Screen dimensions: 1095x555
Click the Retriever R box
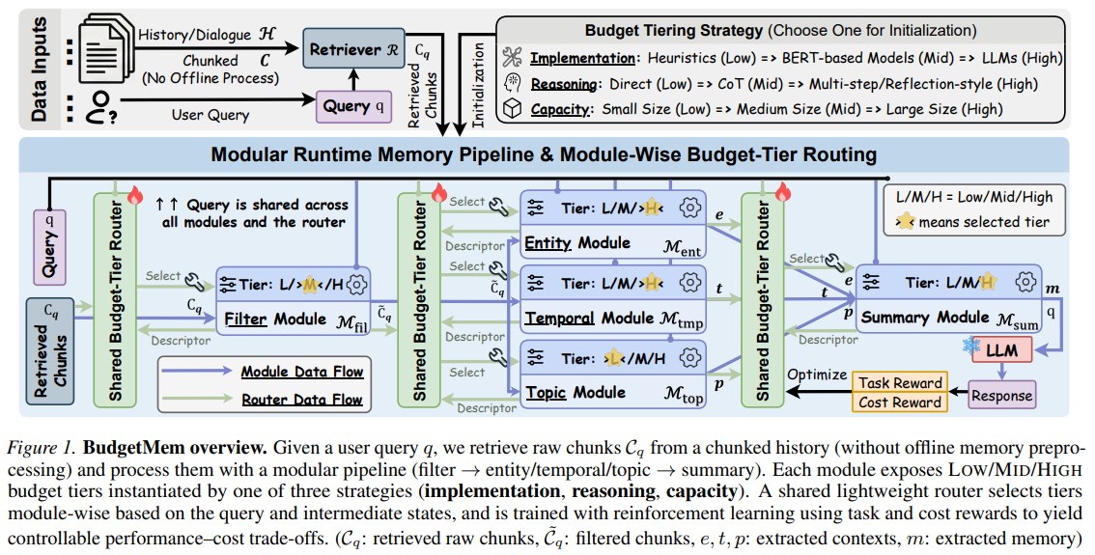pos(354,49)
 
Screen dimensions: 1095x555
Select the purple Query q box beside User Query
pos(353,107)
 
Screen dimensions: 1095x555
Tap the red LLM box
pos(1001,350)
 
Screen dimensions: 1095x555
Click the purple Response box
pos(1001,395)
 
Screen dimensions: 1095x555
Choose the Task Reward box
pos(900,382)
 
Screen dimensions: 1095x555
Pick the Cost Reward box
pos(900,402)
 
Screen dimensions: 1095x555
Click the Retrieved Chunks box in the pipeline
pos(50,351)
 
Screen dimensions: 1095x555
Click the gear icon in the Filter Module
pos(357,285)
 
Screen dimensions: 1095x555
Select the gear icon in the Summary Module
pos(1025,282)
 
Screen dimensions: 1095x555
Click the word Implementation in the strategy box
pos(582,58)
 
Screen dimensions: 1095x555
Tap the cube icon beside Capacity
pos(513,109)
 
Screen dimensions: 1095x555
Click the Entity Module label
pos(577,243)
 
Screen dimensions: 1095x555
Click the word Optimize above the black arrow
pos(817,375)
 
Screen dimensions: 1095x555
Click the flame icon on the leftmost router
pos(135,195)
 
